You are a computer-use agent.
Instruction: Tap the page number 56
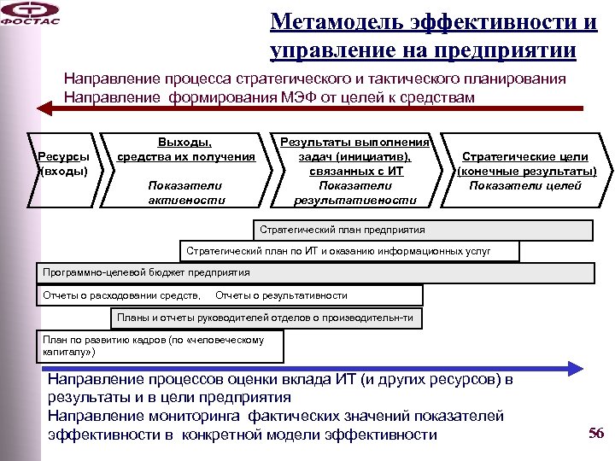tap(595, 433)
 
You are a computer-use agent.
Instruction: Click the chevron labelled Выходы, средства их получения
tap(185, 168)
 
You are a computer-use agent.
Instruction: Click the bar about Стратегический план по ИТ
tap(350, 252)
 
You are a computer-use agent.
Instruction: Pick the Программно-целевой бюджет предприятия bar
tap(316, 273)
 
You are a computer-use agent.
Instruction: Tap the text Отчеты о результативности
tap(282, 295)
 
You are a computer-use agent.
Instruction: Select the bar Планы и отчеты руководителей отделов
tap(266, 318)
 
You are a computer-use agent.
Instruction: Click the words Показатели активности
tap(185, 192)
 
